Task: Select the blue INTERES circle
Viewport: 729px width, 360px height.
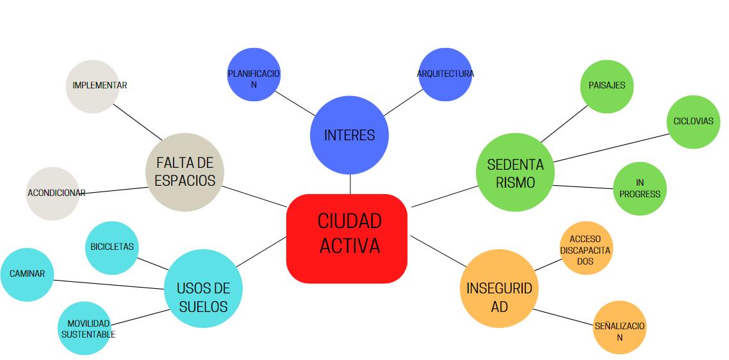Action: point(349,135)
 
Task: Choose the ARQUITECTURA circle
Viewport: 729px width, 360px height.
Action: point(445,74)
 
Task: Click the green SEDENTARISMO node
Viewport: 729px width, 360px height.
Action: point(515,173)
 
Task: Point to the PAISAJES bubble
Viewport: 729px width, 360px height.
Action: point(607,85)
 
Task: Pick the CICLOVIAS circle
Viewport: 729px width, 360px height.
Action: point(692,122)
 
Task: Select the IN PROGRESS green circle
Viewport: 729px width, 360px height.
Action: point(639,189)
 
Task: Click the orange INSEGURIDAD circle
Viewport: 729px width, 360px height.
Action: point(498,297)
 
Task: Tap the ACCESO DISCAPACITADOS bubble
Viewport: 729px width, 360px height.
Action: point(586,250)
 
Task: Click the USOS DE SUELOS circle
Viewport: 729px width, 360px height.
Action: point(203,297)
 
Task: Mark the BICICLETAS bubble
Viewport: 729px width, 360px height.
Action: point(112,247)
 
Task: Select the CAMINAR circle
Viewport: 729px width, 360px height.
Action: point(27,274)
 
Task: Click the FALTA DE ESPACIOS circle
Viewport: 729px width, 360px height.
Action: point(184,172)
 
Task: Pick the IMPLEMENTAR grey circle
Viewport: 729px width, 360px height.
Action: point(94,86)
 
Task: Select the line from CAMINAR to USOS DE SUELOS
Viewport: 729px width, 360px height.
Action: point(109,284)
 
